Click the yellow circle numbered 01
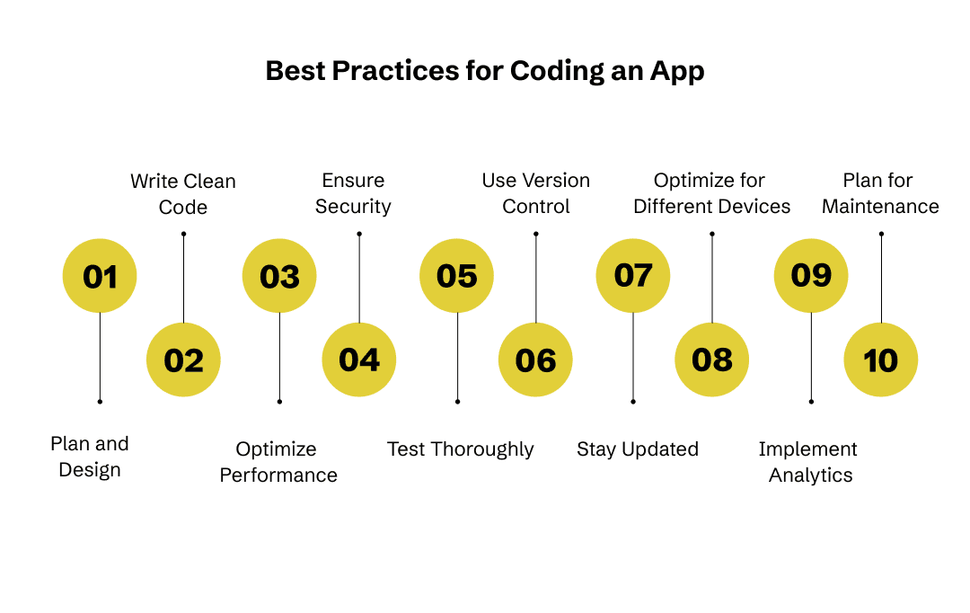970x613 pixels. tap(100, 276)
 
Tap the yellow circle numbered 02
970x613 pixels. tap(183, 360)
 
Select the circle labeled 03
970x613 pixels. tap(279, 276)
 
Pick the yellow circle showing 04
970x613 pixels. tap(359, 360)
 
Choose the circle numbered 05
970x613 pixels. tap(457, 276)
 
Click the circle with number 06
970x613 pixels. tap(535, 360)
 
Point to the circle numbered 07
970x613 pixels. tap(633, 276)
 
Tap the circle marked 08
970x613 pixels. tap(712, 360)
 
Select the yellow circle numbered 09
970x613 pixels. tap(811, 276)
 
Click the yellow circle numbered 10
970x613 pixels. tap(881, 360)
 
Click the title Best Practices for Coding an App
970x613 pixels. tap(485, 72)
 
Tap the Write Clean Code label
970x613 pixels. tap(183, 194)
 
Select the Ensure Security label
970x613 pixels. tap(353, 193)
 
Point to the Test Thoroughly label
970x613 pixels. tap(460, 449)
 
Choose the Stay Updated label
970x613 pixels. tap(637, 449)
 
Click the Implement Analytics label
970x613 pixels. tap(808, 462)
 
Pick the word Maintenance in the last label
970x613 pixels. tap(880, 207)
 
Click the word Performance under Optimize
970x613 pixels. tap(278, 475)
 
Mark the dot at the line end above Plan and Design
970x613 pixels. tap(100, 401)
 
